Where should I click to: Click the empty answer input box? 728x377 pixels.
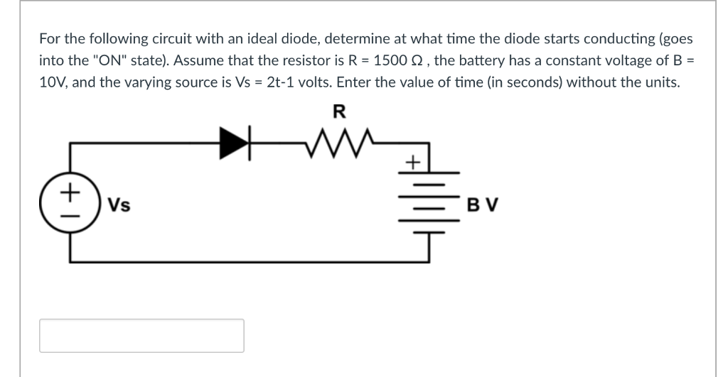pos(141,336)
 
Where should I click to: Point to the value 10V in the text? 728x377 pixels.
pos(53,82)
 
